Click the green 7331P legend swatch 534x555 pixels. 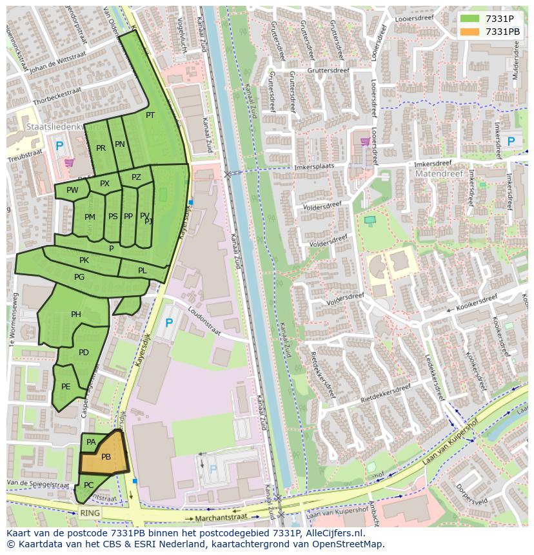(x=470, y=18)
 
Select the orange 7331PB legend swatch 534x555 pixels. (x=470, y=32)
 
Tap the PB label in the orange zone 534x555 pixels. (x=106, y=457)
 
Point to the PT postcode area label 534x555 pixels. (x=150, y=115)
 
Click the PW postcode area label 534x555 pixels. (x=72, y=190)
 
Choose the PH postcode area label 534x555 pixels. (x=76, y=315)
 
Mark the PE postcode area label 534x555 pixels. (x=66, y=387)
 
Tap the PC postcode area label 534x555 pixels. (x=89, y=485)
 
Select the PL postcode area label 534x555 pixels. (x=143, y=271)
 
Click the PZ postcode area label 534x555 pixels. (x=136, y=177)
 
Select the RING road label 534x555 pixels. (x=90, y=513)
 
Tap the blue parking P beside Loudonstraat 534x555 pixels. (x=169, y=323)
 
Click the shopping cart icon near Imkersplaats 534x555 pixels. (x=365, y=142)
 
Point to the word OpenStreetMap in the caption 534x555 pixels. (x=351, y=544)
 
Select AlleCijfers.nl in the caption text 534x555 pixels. (x=333, y=533)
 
